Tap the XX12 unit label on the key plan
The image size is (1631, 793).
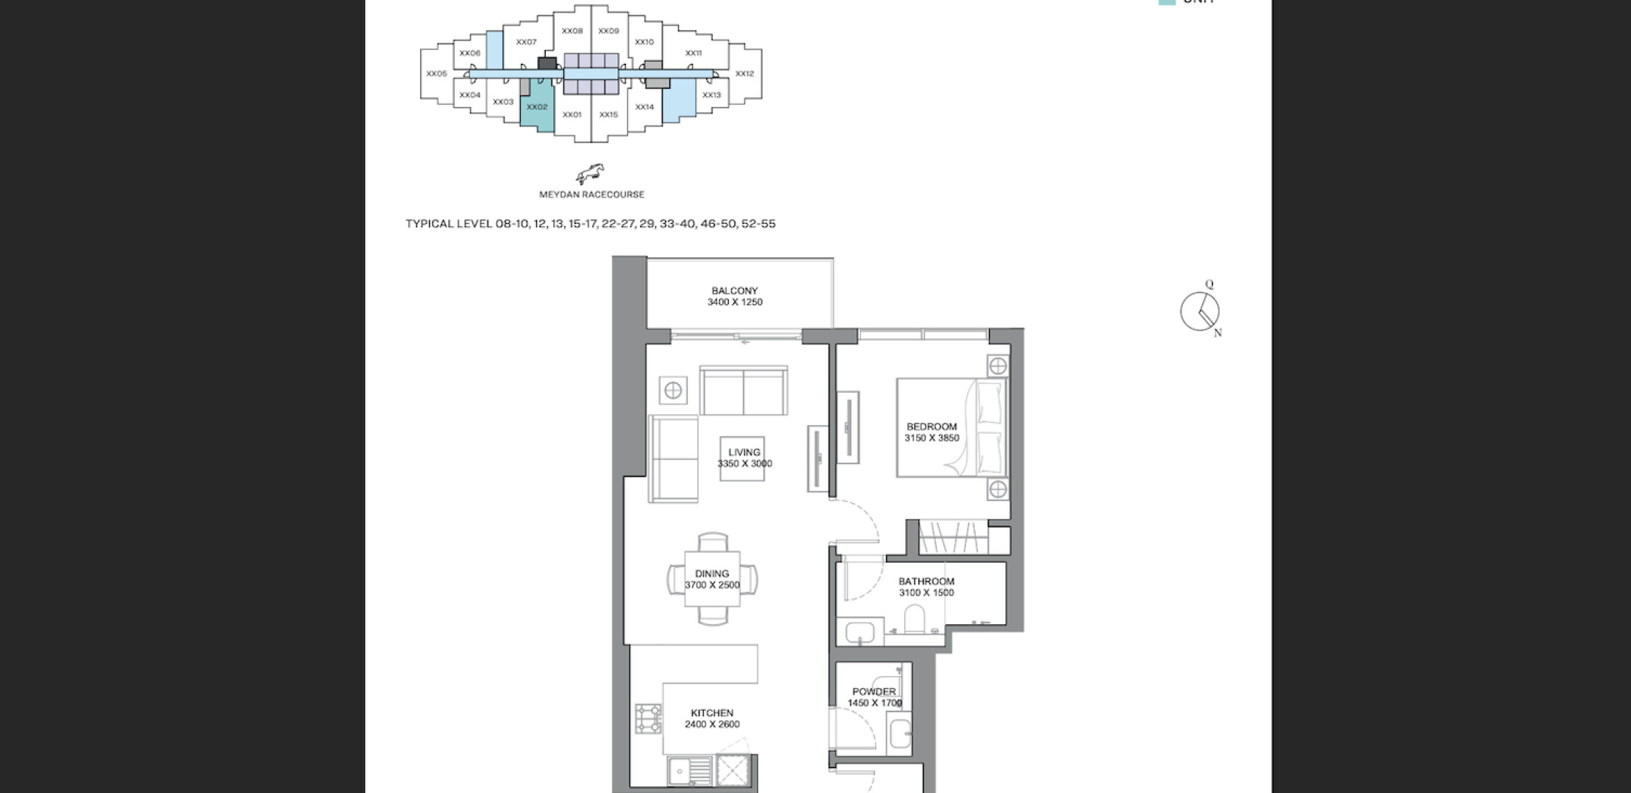tap(744, 73)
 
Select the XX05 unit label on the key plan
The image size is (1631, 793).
tap(436, 73)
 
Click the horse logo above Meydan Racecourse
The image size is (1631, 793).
tap(591, 174)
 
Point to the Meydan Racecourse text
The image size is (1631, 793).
tap(591, 195)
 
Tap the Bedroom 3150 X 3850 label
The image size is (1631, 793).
tap(932, 432)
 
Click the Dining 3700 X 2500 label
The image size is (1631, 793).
tap(712, 579)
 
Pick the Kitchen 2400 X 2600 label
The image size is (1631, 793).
tap(712, 719)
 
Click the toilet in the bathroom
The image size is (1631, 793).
tap(915, 618)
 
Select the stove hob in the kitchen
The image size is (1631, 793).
tap(648, 719)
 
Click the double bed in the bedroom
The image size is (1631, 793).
tap(951, 427)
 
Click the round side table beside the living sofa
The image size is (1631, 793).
tap(673, 391)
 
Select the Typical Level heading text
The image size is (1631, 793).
tap(591, 224)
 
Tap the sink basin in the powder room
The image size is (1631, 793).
tap(899, 734)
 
